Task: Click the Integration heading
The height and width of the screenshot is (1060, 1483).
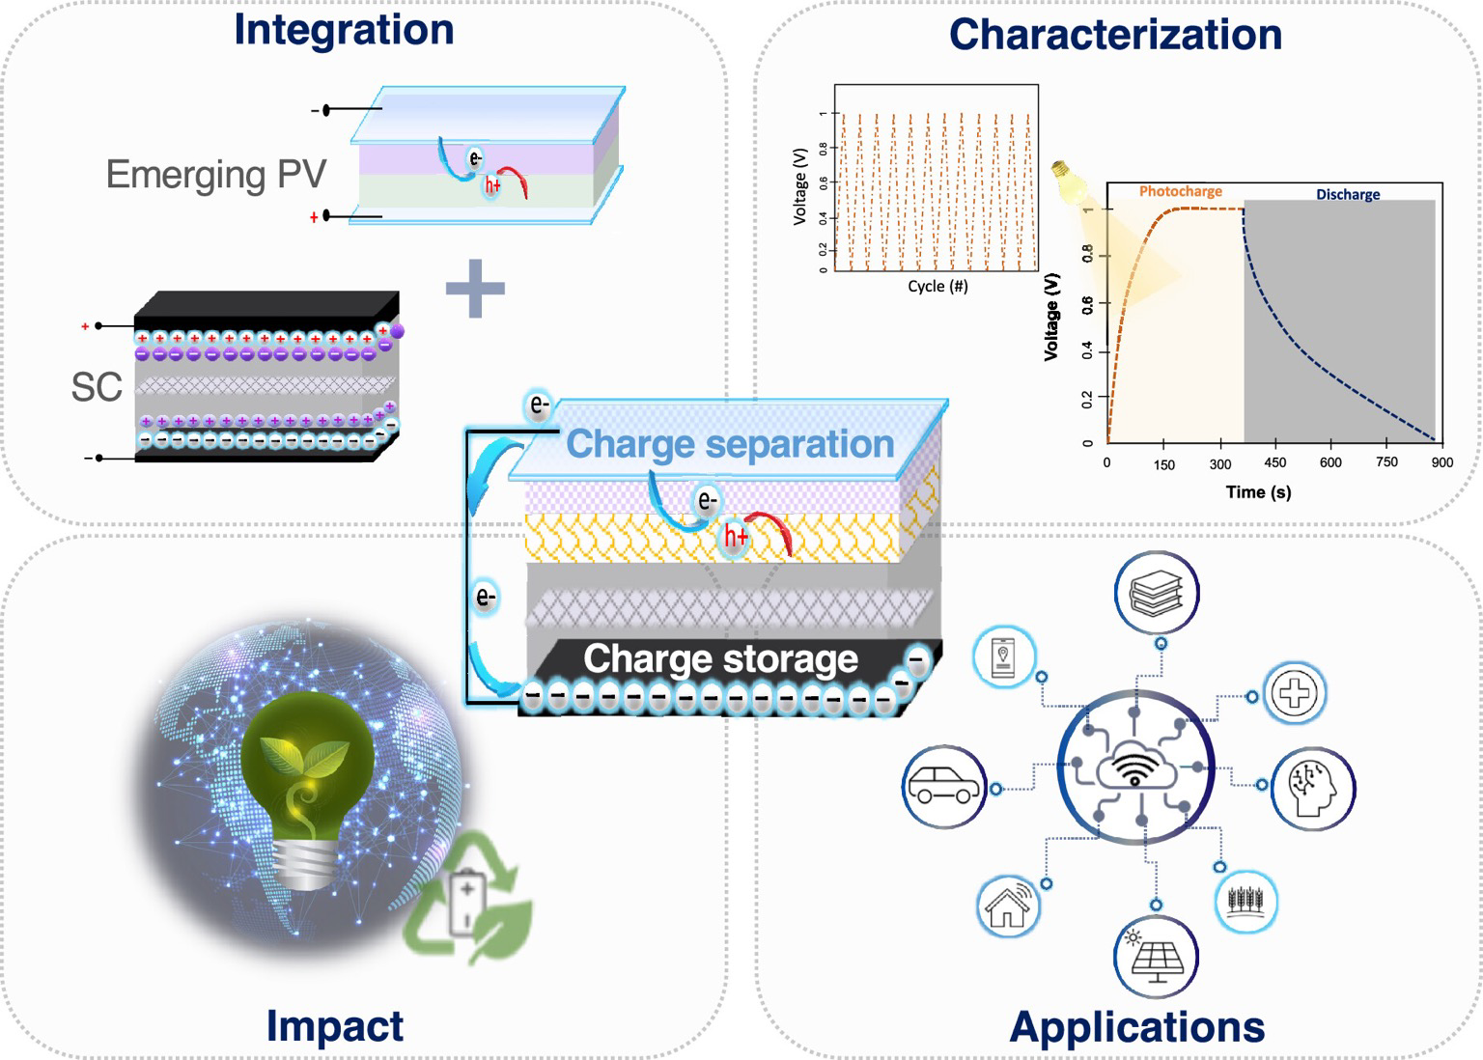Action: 344,30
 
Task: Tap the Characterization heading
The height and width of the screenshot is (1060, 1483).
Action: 1115,35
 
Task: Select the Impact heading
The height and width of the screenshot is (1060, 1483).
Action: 335,1025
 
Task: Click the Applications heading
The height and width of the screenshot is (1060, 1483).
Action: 1137,1027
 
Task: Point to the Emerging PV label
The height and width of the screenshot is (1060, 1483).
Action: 216,175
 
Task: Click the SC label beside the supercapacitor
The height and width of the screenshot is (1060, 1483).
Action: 97,387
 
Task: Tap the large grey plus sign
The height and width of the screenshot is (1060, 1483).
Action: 475,287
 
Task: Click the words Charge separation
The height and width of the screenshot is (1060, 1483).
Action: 730,444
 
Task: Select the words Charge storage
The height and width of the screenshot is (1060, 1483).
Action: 720,658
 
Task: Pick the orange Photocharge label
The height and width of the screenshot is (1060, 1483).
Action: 1180,191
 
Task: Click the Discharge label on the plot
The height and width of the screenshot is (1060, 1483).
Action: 1348,194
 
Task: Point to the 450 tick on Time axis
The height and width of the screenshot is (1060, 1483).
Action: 1275,462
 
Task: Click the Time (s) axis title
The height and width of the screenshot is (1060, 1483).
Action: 1258,492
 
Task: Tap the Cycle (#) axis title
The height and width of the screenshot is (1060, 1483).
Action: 937,286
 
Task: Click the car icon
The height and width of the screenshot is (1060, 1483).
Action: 943,786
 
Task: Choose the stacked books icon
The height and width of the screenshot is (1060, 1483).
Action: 1157,593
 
